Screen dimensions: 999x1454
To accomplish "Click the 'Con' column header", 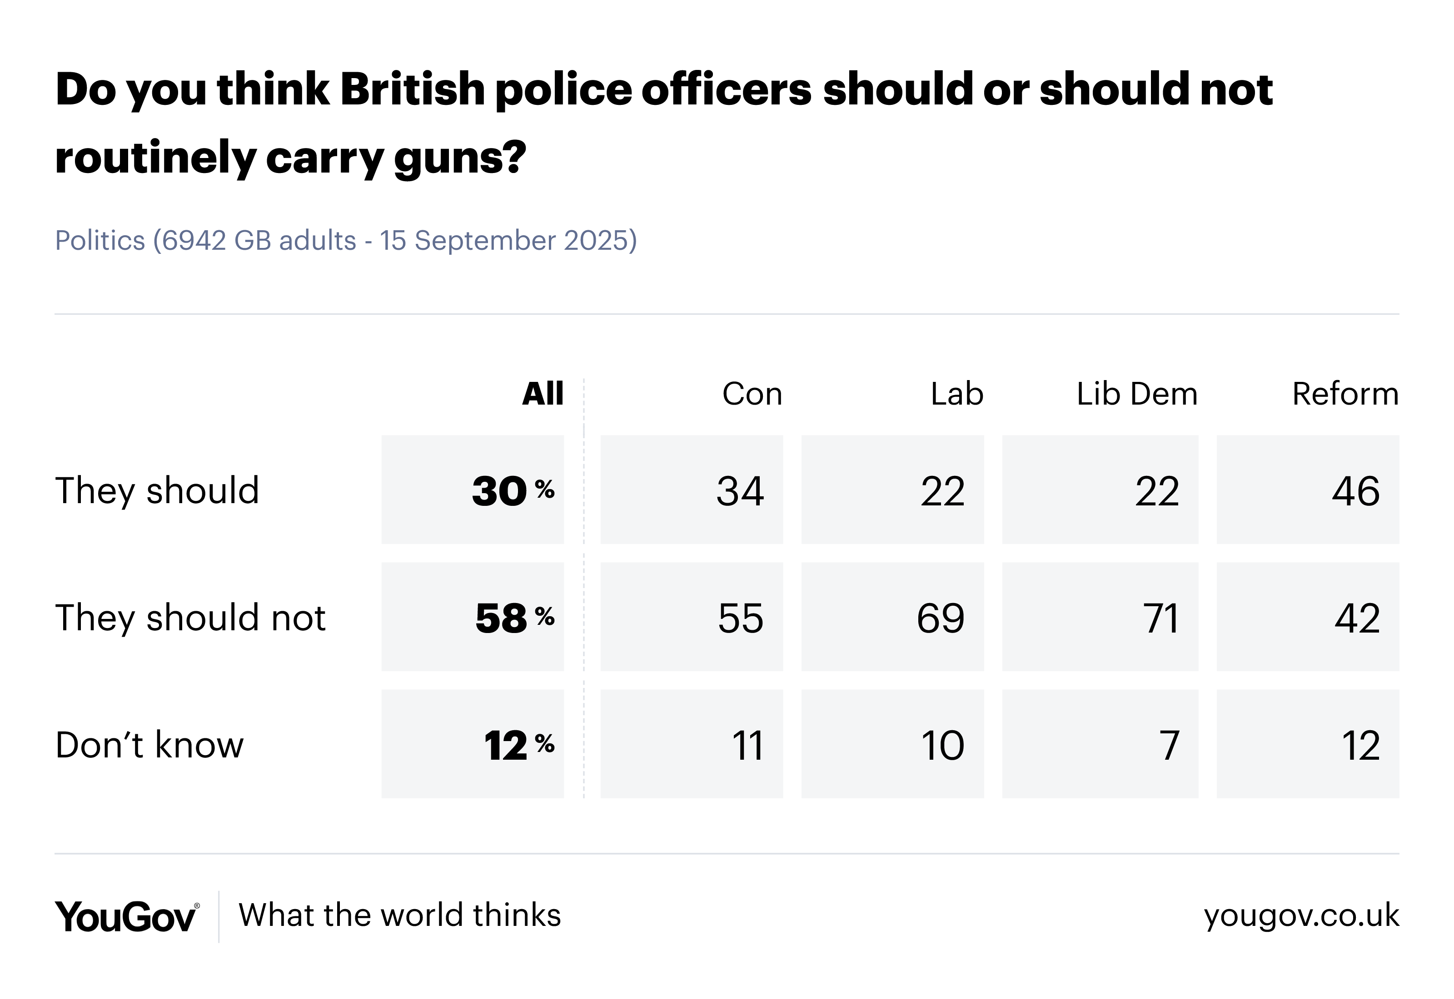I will click(752, 394).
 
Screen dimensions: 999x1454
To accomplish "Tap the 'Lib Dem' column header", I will click(1136, 394).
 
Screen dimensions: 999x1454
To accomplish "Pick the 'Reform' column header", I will click(1344, 394).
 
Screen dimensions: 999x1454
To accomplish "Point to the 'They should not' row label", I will click(190, 618).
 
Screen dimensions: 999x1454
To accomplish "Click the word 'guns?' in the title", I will click(460, 158).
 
